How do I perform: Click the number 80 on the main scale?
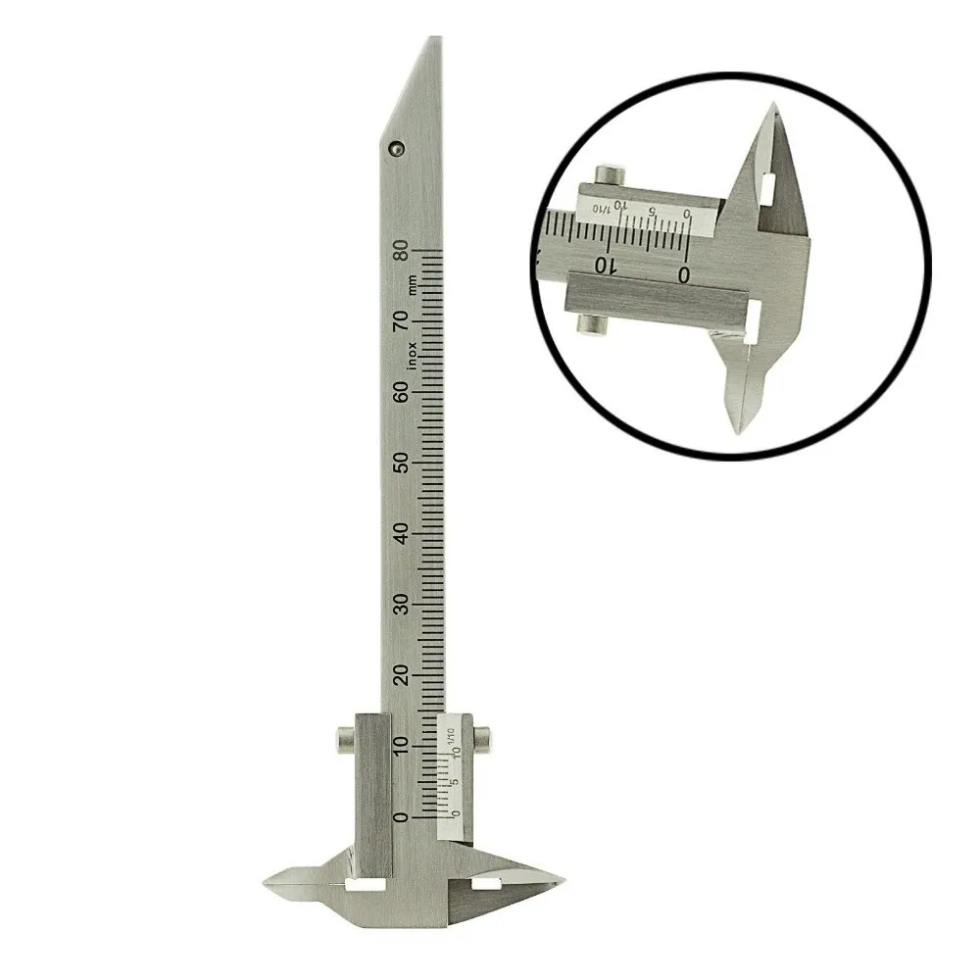401,251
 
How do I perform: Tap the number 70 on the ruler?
401,320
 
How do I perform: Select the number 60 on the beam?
401,391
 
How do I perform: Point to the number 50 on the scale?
401,463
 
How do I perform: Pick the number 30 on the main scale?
401,604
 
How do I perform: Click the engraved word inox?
414,351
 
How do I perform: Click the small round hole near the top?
395,148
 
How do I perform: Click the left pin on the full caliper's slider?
345,737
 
